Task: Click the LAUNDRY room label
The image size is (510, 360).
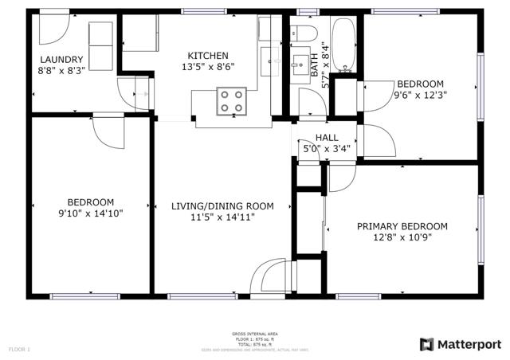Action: [x=62, y=59]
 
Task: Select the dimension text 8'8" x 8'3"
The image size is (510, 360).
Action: [x=62, y=70]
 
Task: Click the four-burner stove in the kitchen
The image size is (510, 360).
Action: [x=232, y=101]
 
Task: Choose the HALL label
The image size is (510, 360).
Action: [x=327, y=138]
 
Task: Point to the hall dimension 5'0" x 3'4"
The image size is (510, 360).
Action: [x=327, y=149]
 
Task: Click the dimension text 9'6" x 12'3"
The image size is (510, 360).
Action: [x=420, y=96]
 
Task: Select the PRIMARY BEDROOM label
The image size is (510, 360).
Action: [x=402, y=226]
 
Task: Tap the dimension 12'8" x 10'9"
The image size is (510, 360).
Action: [x=402, y=237]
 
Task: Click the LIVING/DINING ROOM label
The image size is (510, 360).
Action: [x=222, y=206]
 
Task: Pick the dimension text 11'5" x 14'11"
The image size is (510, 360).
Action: [x=222, y=217]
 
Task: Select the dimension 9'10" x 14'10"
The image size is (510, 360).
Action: [x=90, y=213]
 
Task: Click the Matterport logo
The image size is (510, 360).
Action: [x=461, y=344]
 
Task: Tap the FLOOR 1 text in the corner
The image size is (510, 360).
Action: [x=19, y=349]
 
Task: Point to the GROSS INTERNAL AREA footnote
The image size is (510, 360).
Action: [x=255, y=334]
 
